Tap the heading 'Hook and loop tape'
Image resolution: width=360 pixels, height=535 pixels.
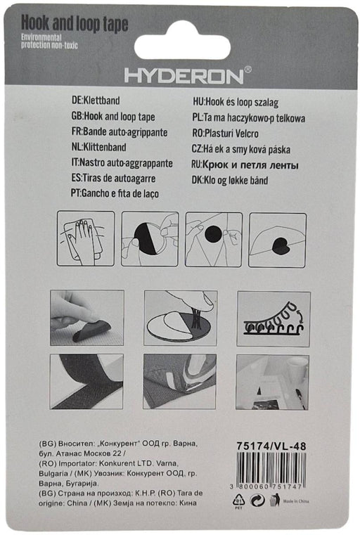(x=75, y=23)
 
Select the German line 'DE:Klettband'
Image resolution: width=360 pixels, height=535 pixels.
(x=96, y=101)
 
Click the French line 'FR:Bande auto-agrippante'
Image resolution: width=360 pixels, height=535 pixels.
(x=120, y=131)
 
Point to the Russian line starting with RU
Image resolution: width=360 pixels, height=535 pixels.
(x=245, y=165)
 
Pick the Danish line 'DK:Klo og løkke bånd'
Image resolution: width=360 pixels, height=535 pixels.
(x=230, y=180)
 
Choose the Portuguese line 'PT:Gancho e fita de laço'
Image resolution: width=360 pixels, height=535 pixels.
(x=115, y=193)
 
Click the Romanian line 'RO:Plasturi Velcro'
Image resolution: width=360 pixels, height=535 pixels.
(x=225, y=134)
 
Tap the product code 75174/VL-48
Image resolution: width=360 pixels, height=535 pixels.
(x=271, y=446)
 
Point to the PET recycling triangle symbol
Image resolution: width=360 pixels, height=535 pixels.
(x=238, y=501)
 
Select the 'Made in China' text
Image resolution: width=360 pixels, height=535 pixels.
(x=296, y=501)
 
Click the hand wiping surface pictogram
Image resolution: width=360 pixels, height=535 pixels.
(x=86, y=238)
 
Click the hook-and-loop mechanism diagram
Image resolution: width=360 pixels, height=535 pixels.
(x=274, y=318)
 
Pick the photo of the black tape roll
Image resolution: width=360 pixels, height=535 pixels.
(x=86, y=381)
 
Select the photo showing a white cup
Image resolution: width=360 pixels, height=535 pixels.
(x=272, y=382)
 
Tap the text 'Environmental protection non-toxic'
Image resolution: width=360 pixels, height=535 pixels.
(x=49, y=41)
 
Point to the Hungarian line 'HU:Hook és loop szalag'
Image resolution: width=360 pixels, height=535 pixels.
(x=236, y=102)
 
